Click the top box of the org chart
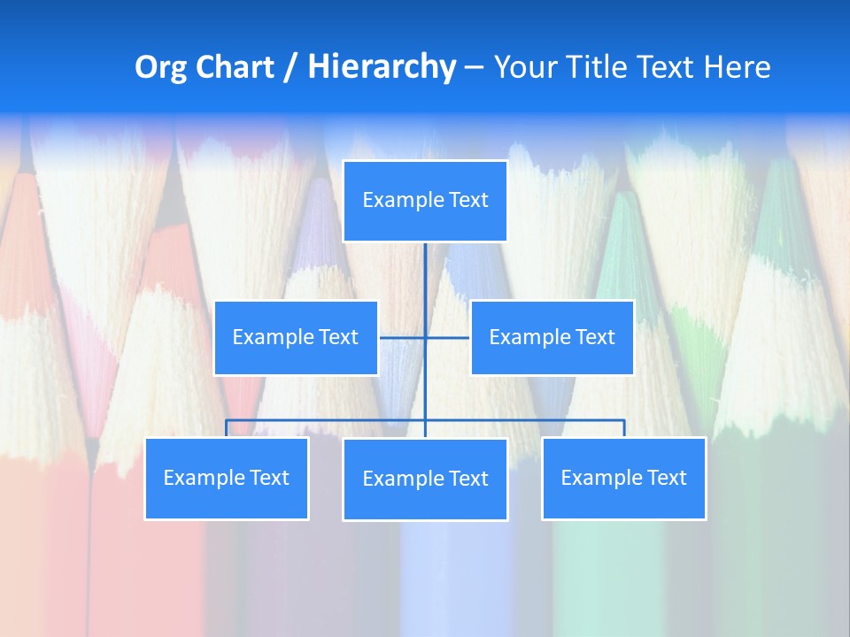point(425,201)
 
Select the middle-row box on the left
point(296,337)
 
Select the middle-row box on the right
point(552,337)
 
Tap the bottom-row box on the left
point(227,478)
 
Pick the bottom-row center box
point(425,479)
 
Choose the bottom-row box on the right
point(623,478)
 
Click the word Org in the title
point(160,67)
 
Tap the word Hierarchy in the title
point(382,67)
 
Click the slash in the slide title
point(290,67)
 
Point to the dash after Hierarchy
point(474,68)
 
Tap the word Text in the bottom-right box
point(666,478)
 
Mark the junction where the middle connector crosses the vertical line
point(425,337)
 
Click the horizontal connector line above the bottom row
point(328,420)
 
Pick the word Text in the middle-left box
point(338,337)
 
